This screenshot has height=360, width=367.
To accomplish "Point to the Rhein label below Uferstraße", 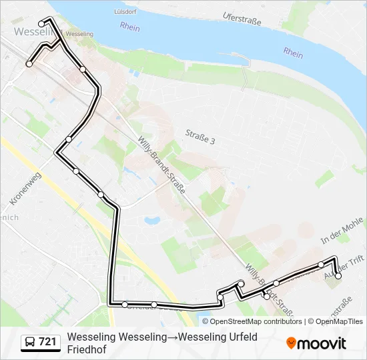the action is (x=292, y=53).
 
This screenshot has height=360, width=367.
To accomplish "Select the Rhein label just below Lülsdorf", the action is (x=130, y=27).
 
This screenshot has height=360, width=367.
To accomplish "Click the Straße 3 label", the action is (x=200, y=141).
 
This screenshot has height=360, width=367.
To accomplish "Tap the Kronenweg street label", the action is (x=26, y=189).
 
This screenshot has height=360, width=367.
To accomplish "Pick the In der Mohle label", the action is (x=341, y=231).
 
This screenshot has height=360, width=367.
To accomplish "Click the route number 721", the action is (x=47, y=342).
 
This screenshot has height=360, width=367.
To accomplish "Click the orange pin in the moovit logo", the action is (x=291, y=343).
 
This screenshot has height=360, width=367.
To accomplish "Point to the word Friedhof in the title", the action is (x=91, y=349).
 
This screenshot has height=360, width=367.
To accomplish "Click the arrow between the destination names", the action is (x=173, y=337).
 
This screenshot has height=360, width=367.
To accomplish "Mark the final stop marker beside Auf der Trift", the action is (x=338, y=275).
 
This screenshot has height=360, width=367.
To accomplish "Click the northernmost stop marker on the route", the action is (x=42, y=25).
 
